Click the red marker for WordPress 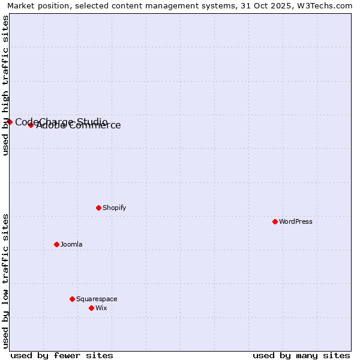tap(275, 221)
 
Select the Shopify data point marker tap(98, 208)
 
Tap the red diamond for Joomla tap(56, 244)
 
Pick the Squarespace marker tap(72, 299)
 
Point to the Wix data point tap(91, 308)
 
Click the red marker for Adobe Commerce tap(31, 125)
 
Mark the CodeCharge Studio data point tap(10, 122)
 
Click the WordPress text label tap(296, 221)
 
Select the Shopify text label tap(114, 208)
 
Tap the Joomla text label tap(71, 244)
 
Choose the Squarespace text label tap(97, 299)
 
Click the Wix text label tap(101, 308)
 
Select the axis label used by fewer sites tap(62, 355)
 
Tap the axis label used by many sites tap(301, 355)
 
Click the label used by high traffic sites tap(5, 85)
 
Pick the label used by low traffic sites tap(5, 280)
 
